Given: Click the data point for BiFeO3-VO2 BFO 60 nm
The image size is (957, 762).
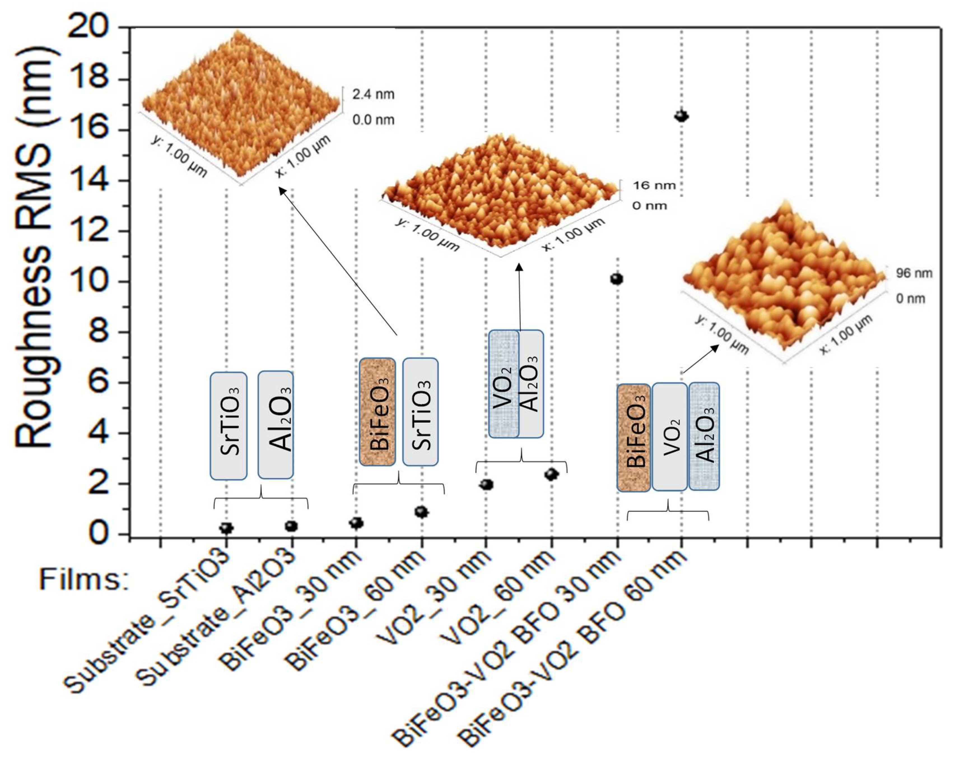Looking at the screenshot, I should click(x=681, y=116).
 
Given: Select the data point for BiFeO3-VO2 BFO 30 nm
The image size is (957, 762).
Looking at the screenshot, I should click(x=616, y=279).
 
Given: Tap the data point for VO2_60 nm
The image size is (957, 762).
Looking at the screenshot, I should click(x=551, y=475).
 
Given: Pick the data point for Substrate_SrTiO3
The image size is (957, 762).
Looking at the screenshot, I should click(x=226, y=528).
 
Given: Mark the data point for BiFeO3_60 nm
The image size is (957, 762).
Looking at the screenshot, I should click(x=421, y=512).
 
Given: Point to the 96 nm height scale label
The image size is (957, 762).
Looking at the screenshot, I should click(x=914, y=273).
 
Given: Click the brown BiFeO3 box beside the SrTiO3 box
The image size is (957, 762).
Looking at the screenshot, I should click(x=377, y=412).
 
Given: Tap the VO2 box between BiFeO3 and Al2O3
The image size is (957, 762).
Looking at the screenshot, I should click(x=669, y=436).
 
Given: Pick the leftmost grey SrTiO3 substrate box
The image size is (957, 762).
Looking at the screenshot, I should click(x=229, y=426).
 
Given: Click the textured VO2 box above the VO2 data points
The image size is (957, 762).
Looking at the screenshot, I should click(x=503, y=384).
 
